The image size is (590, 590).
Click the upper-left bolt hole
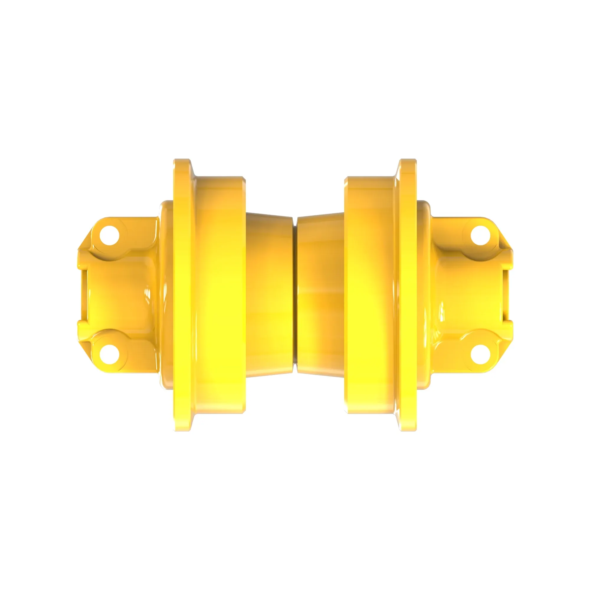point(109,235)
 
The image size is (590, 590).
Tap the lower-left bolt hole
point(109,354)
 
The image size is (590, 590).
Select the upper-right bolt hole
point(480,235)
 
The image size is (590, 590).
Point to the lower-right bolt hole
point(480,354)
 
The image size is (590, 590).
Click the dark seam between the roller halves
point(295,295)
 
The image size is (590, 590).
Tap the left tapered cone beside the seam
point(269,295)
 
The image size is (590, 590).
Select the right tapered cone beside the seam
point(321,295)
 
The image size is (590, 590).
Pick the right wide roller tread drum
point(371,295)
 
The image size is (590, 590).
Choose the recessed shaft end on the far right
point(507,295)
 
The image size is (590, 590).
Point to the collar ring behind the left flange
point(166,295)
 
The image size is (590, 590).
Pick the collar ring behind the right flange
point(424,295)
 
